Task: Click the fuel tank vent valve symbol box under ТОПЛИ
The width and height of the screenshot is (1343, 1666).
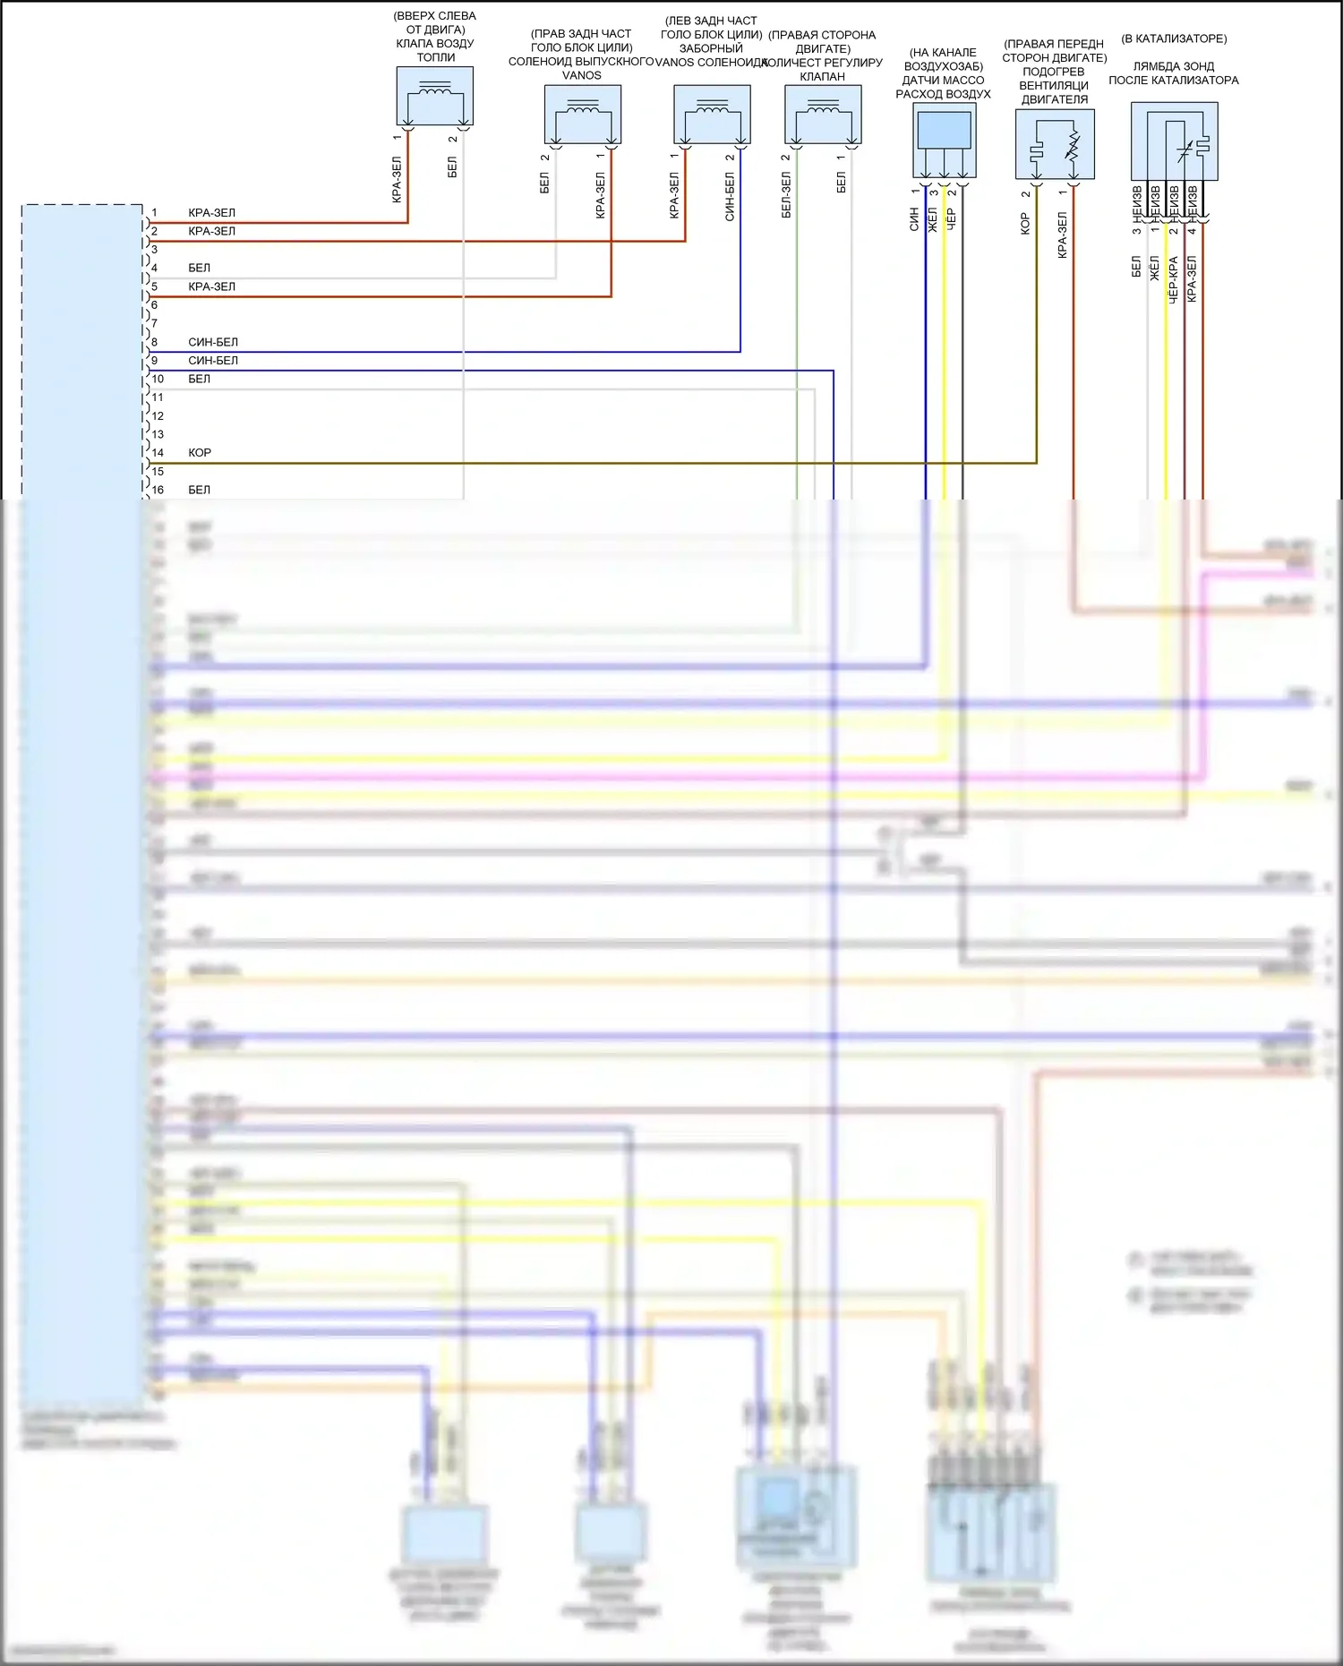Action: (435, 96)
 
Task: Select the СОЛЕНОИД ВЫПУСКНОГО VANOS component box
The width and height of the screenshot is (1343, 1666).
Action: (583, 115)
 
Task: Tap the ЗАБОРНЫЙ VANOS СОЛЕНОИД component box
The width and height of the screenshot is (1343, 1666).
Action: (712, 115)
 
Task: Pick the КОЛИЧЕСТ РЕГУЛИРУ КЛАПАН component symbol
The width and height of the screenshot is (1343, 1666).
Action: (823, 115)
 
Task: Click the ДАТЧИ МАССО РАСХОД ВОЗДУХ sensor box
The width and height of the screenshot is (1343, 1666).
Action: (945, 140)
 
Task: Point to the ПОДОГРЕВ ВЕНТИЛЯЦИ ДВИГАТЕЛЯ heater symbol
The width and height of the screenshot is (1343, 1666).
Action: (1055, 143)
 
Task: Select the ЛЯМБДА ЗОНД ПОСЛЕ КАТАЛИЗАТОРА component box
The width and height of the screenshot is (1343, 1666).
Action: (1174, 141)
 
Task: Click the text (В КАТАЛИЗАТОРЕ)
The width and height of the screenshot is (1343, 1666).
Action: (1174, 38)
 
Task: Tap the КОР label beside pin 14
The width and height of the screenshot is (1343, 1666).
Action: (200, 453)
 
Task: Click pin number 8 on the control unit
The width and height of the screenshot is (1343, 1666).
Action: (154, 342)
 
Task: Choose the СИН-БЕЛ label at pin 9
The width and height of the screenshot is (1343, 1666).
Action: (213, 361)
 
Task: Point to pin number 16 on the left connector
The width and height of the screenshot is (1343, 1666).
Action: (158, 490)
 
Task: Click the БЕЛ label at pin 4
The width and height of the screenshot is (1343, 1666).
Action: (200, 268)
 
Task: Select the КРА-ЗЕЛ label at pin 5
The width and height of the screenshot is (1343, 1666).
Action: (212, 286)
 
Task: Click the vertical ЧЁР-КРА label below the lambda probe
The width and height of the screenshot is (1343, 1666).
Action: (1173, 278)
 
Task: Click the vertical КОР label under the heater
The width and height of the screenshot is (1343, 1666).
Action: (1025, 224)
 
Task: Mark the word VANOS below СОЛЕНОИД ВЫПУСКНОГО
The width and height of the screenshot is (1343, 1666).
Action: (582, 75)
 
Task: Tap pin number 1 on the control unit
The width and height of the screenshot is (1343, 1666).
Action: (154, 213)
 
